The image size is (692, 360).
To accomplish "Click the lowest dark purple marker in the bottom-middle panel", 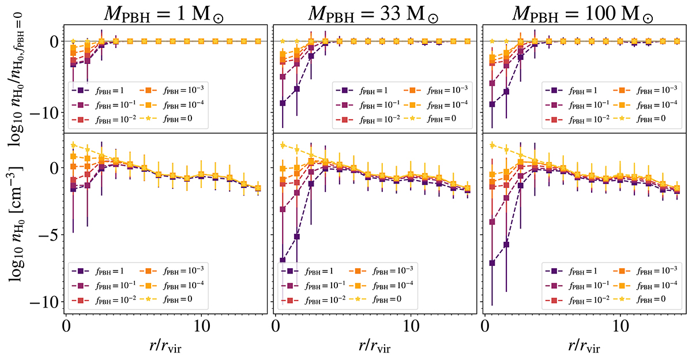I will click(x=283, y=260).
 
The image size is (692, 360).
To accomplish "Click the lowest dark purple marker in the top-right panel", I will click(x=492, y=104).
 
